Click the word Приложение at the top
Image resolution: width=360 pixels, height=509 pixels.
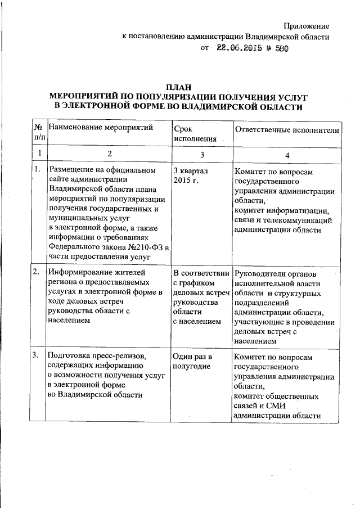[x=306, y=26]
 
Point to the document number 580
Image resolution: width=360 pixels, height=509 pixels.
[x=280, y=49]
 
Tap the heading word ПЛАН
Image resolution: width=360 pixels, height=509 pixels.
[x=179, y=87]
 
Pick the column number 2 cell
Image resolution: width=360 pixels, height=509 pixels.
[x=110, y=154]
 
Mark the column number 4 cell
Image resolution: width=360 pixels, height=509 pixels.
[x=287, y=154]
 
